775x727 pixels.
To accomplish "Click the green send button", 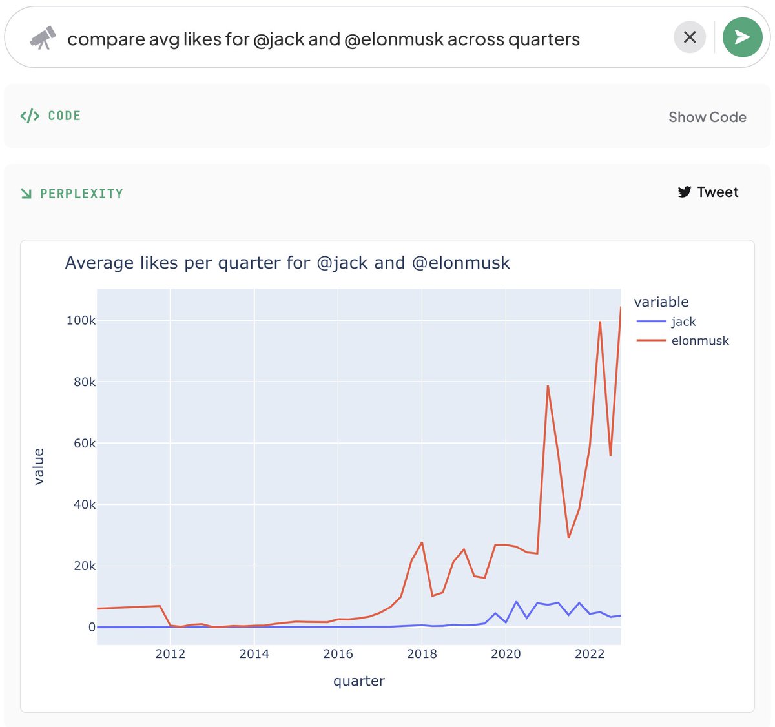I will coord(742,37).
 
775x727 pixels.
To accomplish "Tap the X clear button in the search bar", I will coord(690,37).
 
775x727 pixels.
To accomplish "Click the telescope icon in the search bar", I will coord(43,39).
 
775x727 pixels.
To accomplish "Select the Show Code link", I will coord(707,117).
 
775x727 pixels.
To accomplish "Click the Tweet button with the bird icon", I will coord(708,192).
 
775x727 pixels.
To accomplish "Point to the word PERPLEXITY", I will coord(81,194).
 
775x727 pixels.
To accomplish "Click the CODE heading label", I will coord(64,116).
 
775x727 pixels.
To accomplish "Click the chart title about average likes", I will coord(287,263).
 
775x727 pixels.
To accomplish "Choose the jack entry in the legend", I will coord(683,322).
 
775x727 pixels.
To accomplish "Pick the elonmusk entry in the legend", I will coord(699,340).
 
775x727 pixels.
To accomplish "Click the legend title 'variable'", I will coord(661,302).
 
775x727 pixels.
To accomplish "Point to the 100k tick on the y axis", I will coord(81,320).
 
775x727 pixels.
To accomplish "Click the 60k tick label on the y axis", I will coord(84,443).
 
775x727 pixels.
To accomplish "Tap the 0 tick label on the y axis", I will coord(92,627).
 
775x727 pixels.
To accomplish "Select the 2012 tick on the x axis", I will coord(170,653).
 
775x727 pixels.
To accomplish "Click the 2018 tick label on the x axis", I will coord(422,653).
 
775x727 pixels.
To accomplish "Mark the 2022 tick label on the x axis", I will coord(590,653).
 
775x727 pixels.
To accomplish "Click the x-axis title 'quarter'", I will coord(358,681).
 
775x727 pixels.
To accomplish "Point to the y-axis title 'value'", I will coord(39,466).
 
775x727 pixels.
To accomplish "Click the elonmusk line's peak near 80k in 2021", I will coord(548,386).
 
